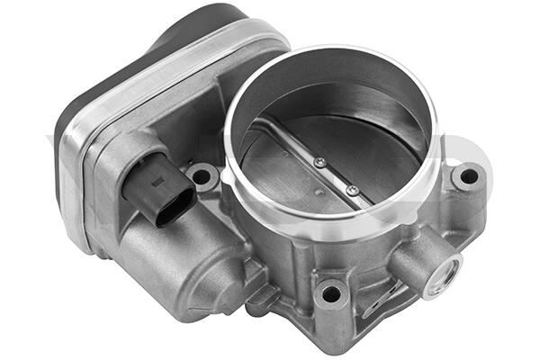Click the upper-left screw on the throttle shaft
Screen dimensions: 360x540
(319, 162)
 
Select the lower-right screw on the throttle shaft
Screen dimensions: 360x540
(352, 190)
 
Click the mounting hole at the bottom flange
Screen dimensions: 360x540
(331, 292)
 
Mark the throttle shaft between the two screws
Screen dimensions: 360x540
(336, 175)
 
